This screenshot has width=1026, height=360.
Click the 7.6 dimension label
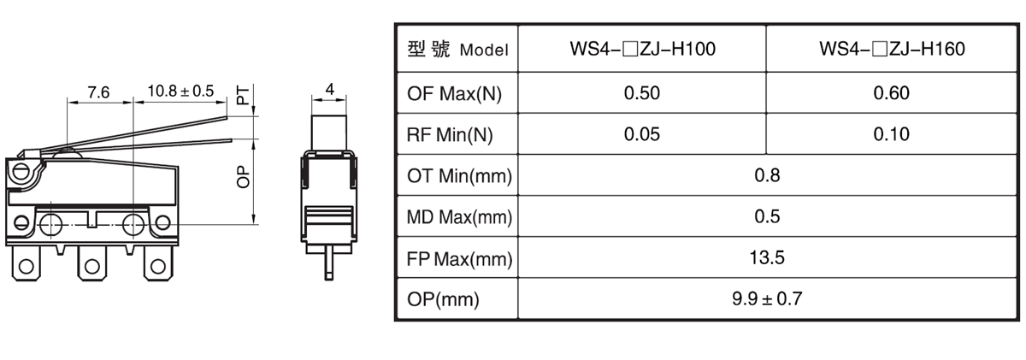tap(98, 92)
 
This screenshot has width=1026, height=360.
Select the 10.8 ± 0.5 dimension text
tap(180, 91)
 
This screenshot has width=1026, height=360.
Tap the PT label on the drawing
tap(244, 95)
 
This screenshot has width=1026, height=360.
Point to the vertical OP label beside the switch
tap(244, 177)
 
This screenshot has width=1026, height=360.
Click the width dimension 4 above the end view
tap(329, 89)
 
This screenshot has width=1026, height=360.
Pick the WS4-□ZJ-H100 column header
tap(642, 49)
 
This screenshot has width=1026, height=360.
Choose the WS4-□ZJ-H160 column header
tap(892, 49)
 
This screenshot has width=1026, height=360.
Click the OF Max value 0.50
tap(642, 93)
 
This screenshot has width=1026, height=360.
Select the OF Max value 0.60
tap(891, 93)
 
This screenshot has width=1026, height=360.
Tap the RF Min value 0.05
tap(642, 134)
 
